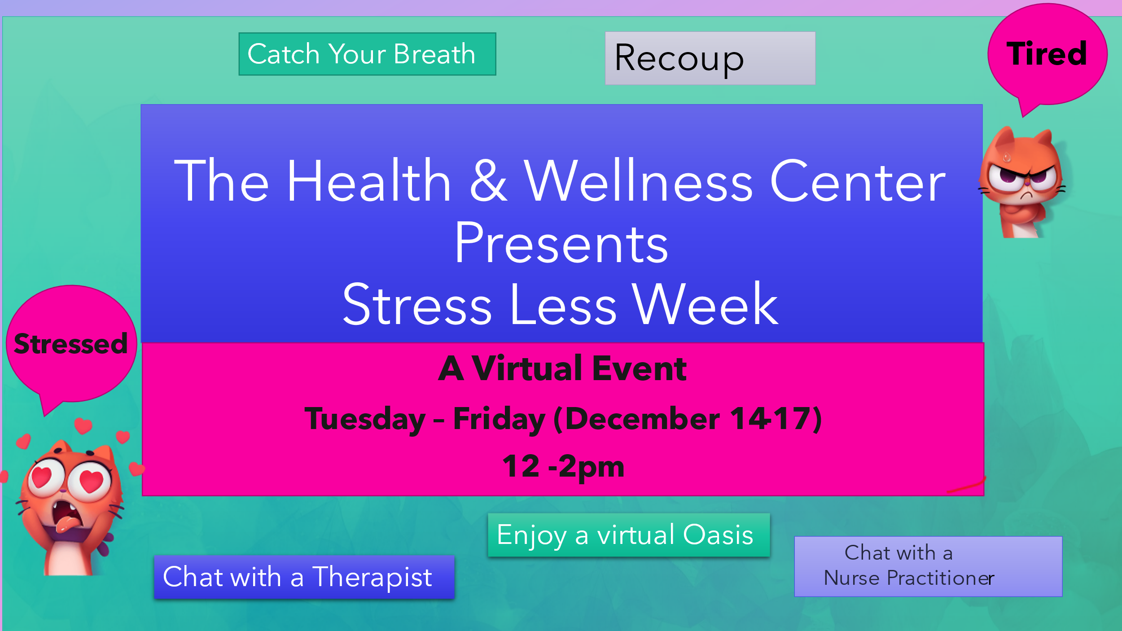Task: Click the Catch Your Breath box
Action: click(x=367, y=54)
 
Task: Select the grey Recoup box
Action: click(x=710, y=58)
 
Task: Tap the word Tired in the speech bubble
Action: click(x=1047, y=54)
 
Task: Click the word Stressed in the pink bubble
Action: click(x=70, y=344)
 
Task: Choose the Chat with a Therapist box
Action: click(x=304, y=577)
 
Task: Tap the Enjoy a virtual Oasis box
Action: click(x=629, y=535)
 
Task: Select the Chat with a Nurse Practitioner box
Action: click(x=928, y=566)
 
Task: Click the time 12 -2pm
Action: click(x=563, y=467)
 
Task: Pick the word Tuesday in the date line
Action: click(x=365, y=420)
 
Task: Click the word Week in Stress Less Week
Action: click(x=705, y=304)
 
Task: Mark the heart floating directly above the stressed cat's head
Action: click(x=83, y=425)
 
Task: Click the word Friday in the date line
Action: click(x=499, y=420)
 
